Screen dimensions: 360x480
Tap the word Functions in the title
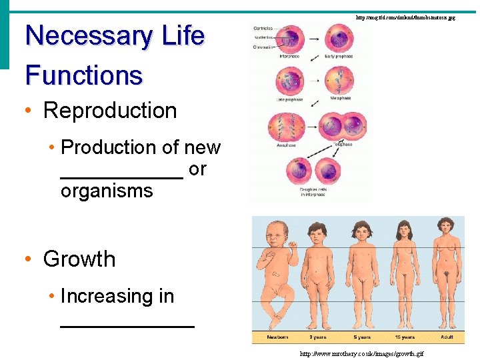click(84, 75)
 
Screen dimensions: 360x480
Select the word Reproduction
click(110, 111)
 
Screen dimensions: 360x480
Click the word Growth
click(79, 259)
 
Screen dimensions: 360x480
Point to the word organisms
click(107, 191)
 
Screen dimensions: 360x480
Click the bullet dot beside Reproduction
click(31, 111)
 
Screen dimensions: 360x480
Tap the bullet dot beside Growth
click(31, 259)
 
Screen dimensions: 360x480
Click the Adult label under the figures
click(447, 338)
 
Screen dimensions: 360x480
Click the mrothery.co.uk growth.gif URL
click(361, 353)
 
